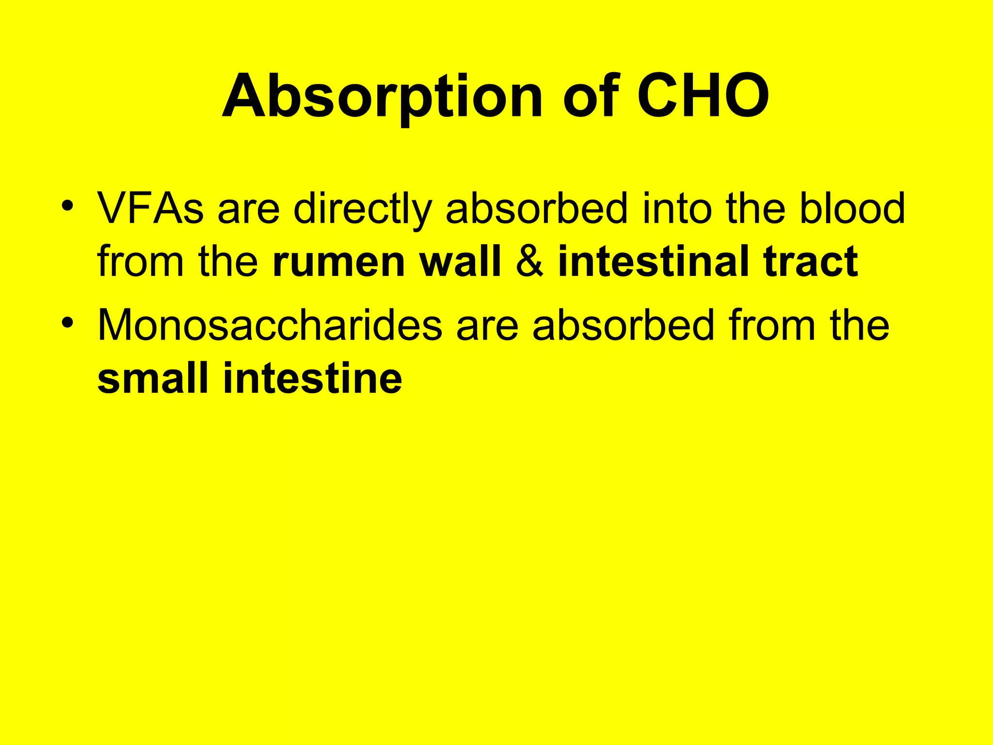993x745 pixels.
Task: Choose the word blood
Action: [852, 209]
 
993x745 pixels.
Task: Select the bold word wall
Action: [460, 261]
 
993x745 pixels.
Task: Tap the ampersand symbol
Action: [529, 262]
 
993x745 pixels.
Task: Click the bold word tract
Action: [810, 262]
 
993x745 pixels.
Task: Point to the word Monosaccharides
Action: [270, 325]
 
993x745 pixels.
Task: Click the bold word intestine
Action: [312, 378]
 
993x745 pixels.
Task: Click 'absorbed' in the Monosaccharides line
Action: [624, 325]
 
